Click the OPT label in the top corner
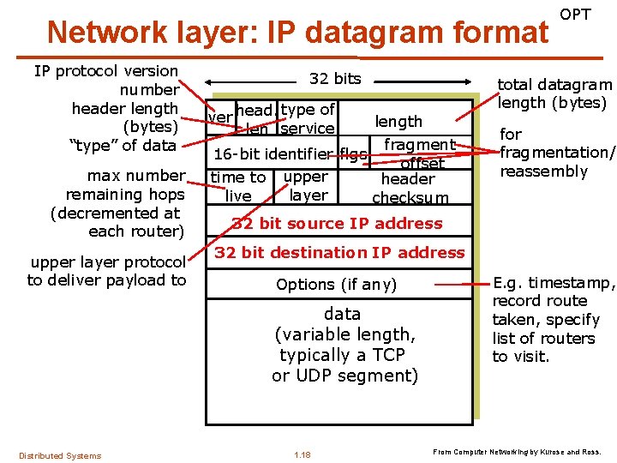click(575, 15)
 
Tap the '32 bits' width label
click(335, 79)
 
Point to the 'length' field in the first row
click(398, 122)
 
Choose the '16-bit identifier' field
click(273, 155)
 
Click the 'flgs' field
click(353, 155)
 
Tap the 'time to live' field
click(238, 186)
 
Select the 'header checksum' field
click(409, 188)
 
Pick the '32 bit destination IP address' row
click(339, 253)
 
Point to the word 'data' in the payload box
click(342, 314)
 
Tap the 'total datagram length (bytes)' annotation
click(554, 93)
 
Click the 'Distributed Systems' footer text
click(60, 455)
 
